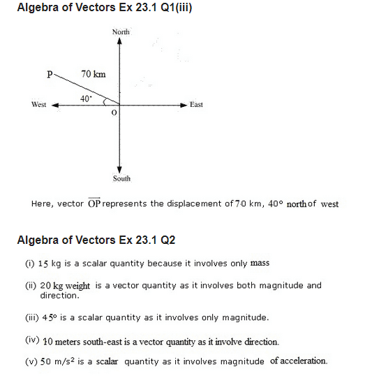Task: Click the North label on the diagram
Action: pos(121,32)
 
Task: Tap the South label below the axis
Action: pos(121,179)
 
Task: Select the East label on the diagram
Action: pos(196,105)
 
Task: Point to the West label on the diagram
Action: pos(39,105)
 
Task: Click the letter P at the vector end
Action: pos(50,72)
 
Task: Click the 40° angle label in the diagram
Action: pos(86,99)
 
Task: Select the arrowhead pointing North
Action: pos(120,41)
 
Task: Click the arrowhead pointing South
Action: pos(120,170)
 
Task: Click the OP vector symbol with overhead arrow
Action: pos(94,203)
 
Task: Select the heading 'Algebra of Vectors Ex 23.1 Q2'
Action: pos(96,240)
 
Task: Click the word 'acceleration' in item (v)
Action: pos(302,361)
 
